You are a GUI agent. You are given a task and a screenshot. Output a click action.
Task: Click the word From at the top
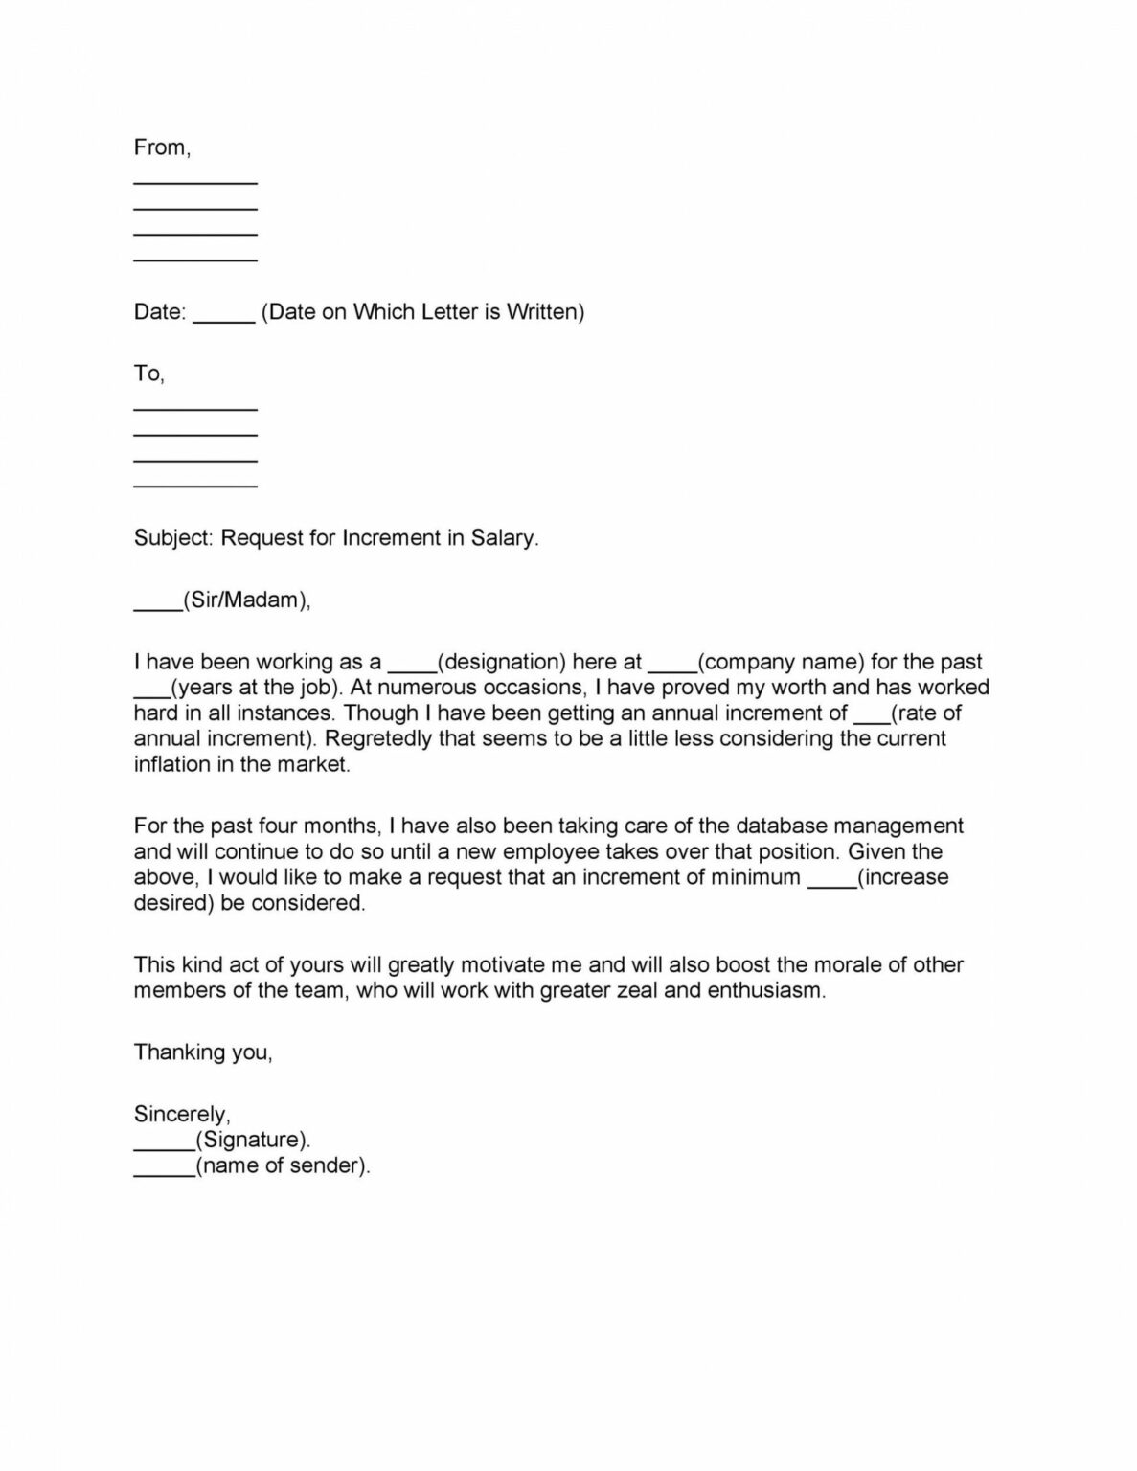(x=160, y=147)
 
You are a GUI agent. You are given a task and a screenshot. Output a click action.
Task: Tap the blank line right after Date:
(x=223, y=319)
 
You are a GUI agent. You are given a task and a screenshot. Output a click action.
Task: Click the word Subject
(x=171, y=538)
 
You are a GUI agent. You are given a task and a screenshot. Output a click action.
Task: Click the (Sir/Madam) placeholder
(x=247, y=600)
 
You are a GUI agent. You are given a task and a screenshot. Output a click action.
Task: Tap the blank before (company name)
(x=672, y=668)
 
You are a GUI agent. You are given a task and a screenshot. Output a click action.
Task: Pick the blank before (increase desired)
(x=832, y=884)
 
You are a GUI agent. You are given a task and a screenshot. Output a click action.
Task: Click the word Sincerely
(x=180, y=1115)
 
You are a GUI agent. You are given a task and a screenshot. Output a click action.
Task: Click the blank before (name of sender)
(x=164, y=1173)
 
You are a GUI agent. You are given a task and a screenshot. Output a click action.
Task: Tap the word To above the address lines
(x=147, y=373)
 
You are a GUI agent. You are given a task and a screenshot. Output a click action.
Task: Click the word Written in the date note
(x=543, y=312)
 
